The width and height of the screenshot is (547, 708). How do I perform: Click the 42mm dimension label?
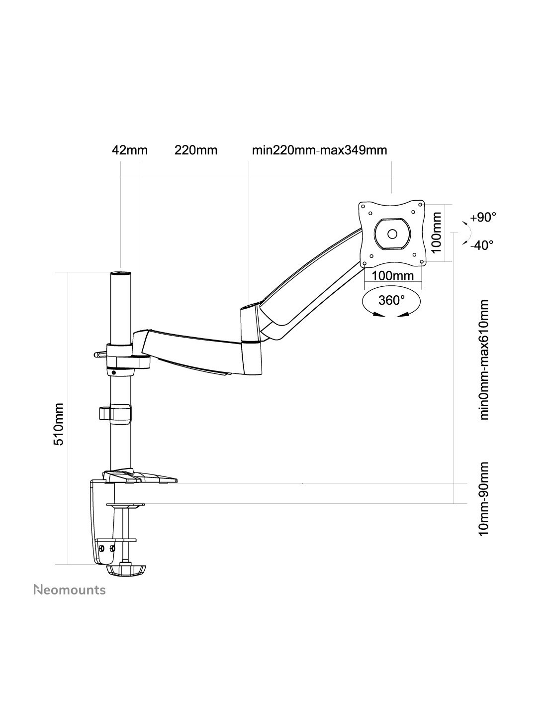[129, 150]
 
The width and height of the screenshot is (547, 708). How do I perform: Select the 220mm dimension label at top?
[196, 150]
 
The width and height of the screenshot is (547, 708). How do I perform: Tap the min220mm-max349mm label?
[320, 150]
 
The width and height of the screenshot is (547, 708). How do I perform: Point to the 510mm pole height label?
[59, 424]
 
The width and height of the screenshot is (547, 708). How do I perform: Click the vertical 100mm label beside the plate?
[437, 232]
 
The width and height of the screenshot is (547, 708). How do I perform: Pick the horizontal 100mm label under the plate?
[392, 276]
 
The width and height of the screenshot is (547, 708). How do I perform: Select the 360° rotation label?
[391, 300]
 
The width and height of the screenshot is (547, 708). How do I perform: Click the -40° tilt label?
[481, 244]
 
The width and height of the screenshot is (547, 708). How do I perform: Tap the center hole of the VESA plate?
[392, 234]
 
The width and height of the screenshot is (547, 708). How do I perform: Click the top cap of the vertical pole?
[120, 273]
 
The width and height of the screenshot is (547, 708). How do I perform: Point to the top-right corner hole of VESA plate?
[420, 204]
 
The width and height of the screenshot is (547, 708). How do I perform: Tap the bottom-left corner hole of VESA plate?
[365, 263]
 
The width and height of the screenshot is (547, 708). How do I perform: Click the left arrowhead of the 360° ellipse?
[377, 315]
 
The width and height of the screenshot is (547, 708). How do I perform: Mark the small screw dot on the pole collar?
[113, 372]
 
